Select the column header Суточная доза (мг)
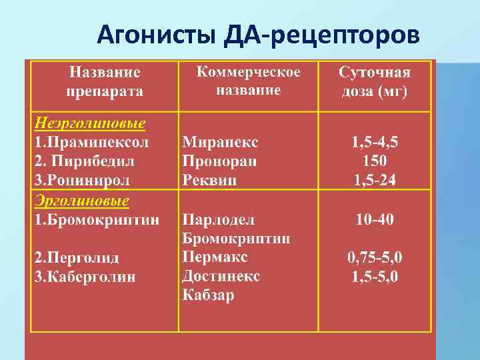click(x=375, y=81)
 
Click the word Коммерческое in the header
click(x=249, y=72)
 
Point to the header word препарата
click(x=107, y=91)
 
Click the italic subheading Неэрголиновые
click(x=90, y=123)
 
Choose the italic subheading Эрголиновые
click(x=82, y=201)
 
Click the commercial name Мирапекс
click(x=220, y=142)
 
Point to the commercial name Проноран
click(x=219, y=161)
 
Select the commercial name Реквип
click(x=209, y=180)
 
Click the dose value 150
click(x=375, y=161)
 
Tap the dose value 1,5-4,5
click(x=375, y=142)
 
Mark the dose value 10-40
click(x=375, y=219)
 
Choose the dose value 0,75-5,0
click(x=375, y=257)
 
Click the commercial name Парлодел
click(x=219, y=219)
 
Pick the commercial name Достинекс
click(x=221, y=276)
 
